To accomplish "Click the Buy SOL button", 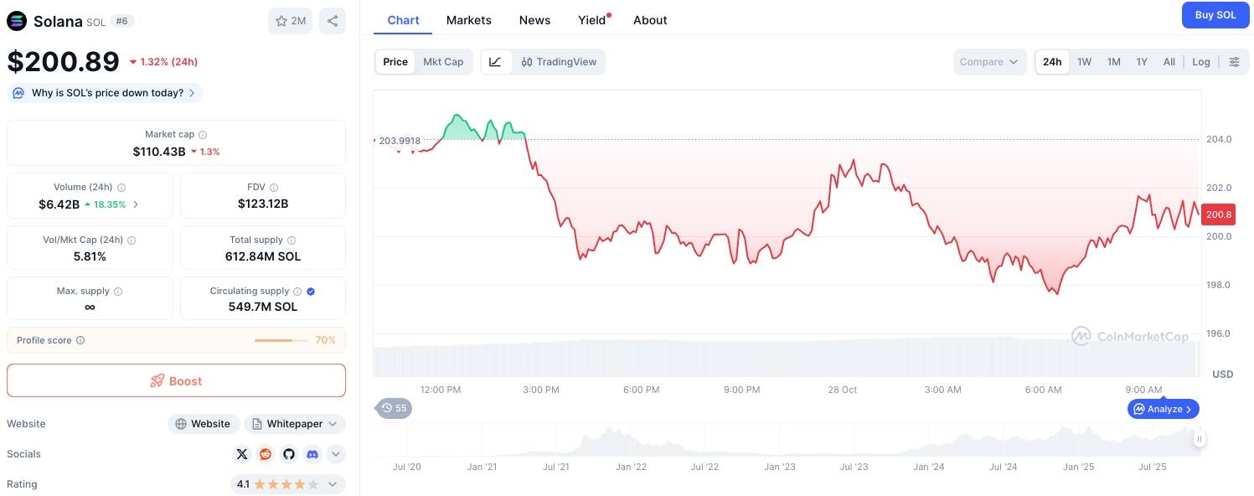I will coord(1215,15).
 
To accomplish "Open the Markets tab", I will coord(468,20).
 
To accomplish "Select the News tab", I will coord(534,20).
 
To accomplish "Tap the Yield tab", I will coord(592,20).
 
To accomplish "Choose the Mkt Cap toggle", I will coord(443,62).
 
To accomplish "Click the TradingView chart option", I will coord(559,62).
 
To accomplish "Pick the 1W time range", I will coord(1084,62).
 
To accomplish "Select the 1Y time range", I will coord(1142,62).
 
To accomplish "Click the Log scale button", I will coord(1201,62).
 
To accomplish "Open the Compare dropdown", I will coord(988,62).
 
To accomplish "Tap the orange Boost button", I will coord(176,380).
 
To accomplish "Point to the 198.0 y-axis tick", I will coord(1218,285).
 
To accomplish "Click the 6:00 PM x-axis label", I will coord(641,390).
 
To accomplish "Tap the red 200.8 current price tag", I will coord(1217,214).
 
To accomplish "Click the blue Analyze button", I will coord(1163,409).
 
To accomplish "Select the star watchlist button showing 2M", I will coord(290,21).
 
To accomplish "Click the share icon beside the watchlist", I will coord(333,21).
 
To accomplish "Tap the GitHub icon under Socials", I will coord(289,454).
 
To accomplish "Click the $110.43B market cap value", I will coord(159,152).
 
